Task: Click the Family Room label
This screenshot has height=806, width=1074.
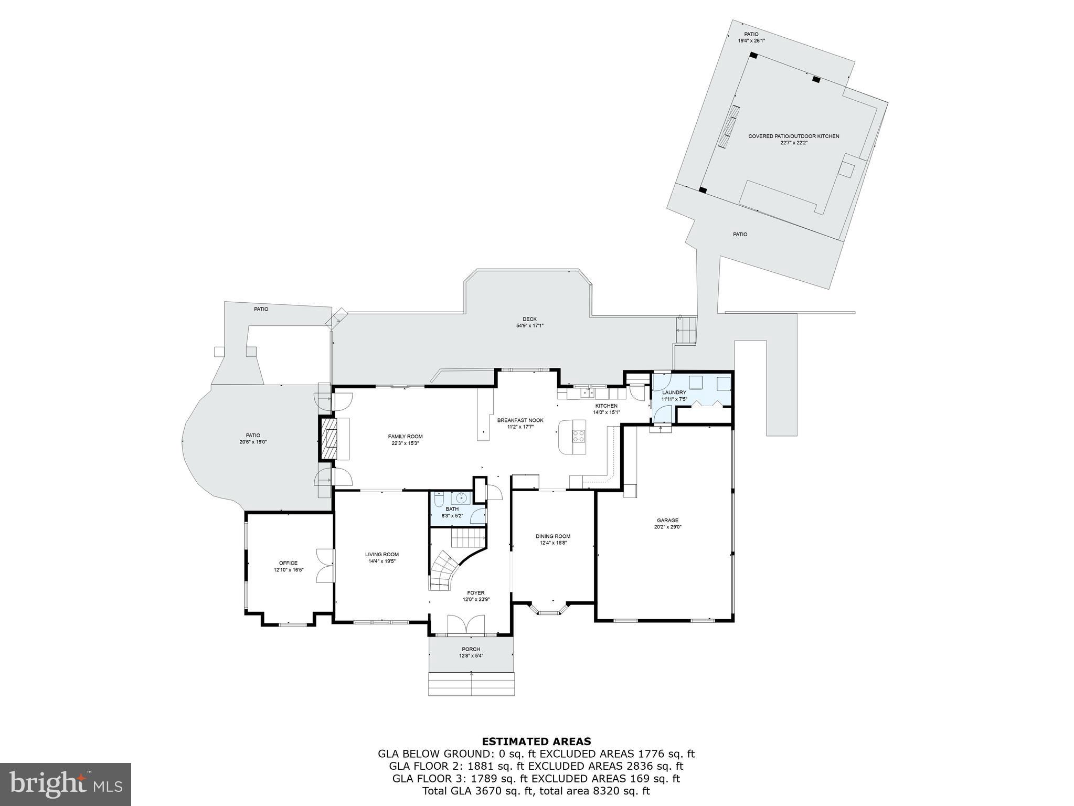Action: (405, 437)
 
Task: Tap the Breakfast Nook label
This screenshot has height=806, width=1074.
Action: (520, 420)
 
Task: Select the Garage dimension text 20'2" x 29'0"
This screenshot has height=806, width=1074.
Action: (667, 527)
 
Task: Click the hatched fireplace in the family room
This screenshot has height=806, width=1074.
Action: (329, 438)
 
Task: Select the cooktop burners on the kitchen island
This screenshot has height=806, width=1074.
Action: (579, 436)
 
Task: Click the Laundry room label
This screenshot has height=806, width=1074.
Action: (674, 393)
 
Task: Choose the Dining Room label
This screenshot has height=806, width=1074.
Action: (552, 536)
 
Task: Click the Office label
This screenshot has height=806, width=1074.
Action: (288, 563)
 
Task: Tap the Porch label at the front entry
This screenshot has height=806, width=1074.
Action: (471, 649)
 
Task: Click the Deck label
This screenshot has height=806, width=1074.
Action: (529, 319)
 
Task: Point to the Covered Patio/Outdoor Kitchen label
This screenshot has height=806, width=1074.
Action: (793, 136)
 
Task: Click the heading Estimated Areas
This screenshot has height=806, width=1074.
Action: (536, 741)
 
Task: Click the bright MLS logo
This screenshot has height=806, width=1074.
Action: (66, 784)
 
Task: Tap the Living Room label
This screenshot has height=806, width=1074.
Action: (382, 554)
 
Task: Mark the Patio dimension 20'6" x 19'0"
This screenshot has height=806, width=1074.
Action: (253, 442)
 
